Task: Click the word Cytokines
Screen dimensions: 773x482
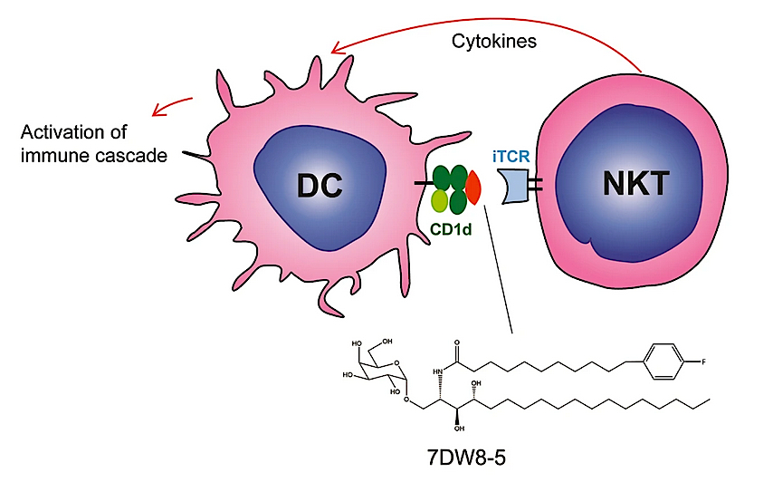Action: pos(494,42)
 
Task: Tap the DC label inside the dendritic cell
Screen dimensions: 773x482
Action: pos(320,186)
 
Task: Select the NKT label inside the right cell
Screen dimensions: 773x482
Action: pos(636,184)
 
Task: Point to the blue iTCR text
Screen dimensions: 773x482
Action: pos(511,157)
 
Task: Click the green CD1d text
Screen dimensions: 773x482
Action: pos(451,229)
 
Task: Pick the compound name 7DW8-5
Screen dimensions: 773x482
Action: pos(466,458)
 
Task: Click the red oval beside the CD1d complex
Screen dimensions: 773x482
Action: pos(473,188)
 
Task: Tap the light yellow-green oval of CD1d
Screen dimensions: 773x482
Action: pos(439,201)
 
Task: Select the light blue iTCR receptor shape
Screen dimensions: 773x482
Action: pos(512,186)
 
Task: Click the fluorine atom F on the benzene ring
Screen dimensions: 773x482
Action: pos(703,362)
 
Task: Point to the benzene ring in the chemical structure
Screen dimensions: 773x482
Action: pos(664,362)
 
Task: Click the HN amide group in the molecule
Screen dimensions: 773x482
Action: pos(438,371)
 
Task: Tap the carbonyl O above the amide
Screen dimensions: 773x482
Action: pos(457,342)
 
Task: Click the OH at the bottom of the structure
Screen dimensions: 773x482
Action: pos(459,429)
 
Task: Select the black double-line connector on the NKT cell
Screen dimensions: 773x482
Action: pos(535,185)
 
